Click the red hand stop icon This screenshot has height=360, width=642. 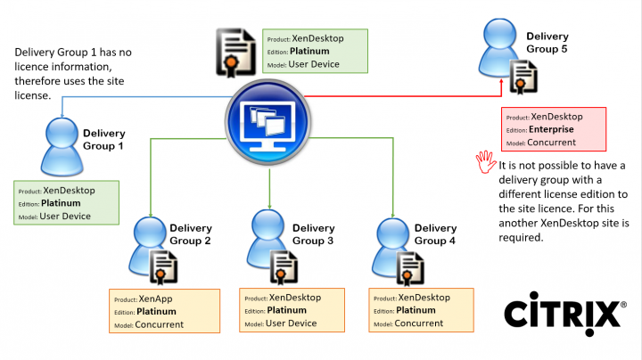(x=485, y=160)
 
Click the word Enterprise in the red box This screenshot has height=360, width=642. (x=553, y=129)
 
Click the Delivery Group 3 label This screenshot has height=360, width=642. (x=313, y=234)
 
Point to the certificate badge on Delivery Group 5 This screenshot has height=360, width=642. (x=523, y=77)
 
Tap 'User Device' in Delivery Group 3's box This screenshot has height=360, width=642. (x=292, y=323)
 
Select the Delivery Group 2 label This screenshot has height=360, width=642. (x=190, y=234)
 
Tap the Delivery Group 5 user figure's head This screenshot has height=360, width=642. (x=497, y=34)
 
